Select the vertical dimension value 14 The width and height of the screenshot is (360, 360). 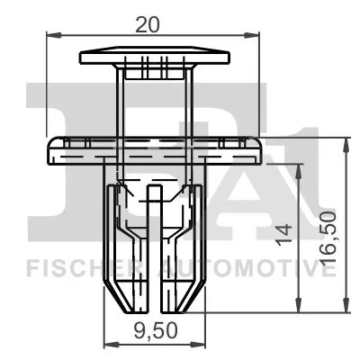click(x=286, y=234)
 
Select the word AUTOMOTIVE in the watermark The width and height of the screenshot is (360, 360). click(x=242, y=267)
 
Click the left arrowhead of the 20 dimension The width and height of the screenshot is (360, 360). click(x=49, y=35)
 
